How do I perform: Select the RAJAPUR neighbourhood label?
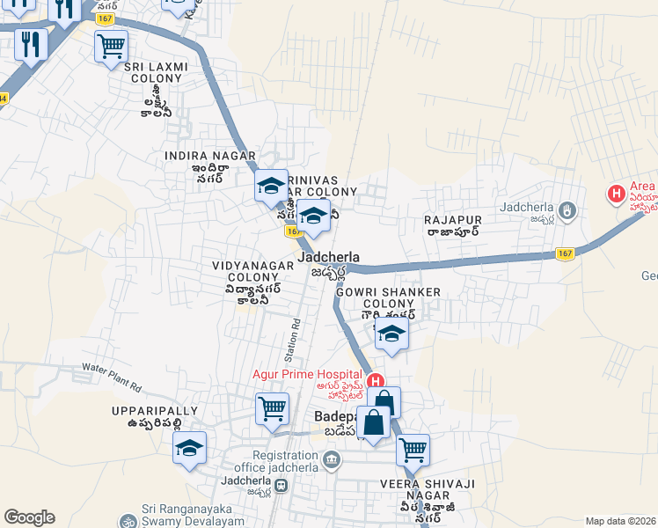pos(451,219)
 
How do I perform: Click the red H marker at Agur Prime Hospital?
pos(376,382)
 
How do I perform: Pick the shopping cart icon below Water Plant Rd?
pos(273,408)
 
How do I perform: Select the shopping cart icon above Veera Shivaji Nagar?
pos(413,450)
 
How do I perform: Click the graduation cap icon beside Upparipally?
pos(189,448)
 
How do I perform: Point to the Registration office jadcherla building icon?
pos(331,460)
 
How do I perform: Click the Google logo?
pos(30,517)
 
